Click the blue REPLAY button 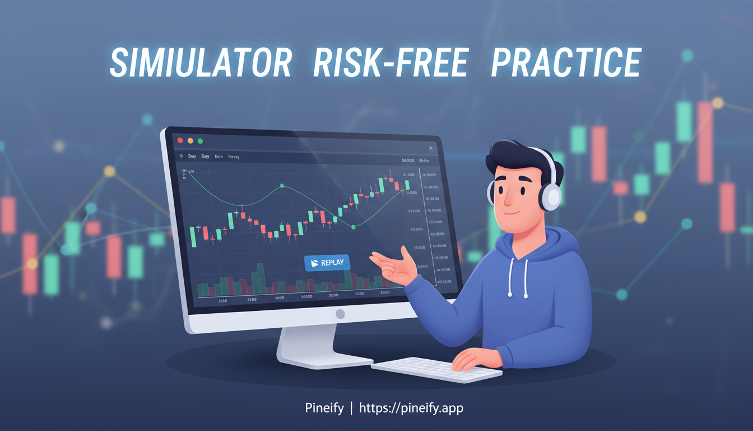click(x=327, y=263)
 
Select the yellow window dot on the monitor click(x=190, y=140)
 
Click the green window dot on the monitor click(x=201, y=141)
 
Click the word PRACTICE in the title click(x=565, y=63)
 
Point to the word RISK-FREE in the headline click(x=390, y=63)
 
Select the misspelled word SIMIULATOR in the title click(x=201, y=63)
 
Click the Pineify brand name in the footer click(x=324, y=408)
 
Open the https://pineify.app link click(x=411, y=408)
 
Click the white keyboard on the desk click(x=436, y=369)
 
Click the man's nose click(x=508, y=198)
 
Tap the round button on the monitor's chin click(x=340, y=314)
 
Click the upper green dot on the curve click(x=282, y=185)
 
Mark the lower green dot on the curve click(x=354, y=227)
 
